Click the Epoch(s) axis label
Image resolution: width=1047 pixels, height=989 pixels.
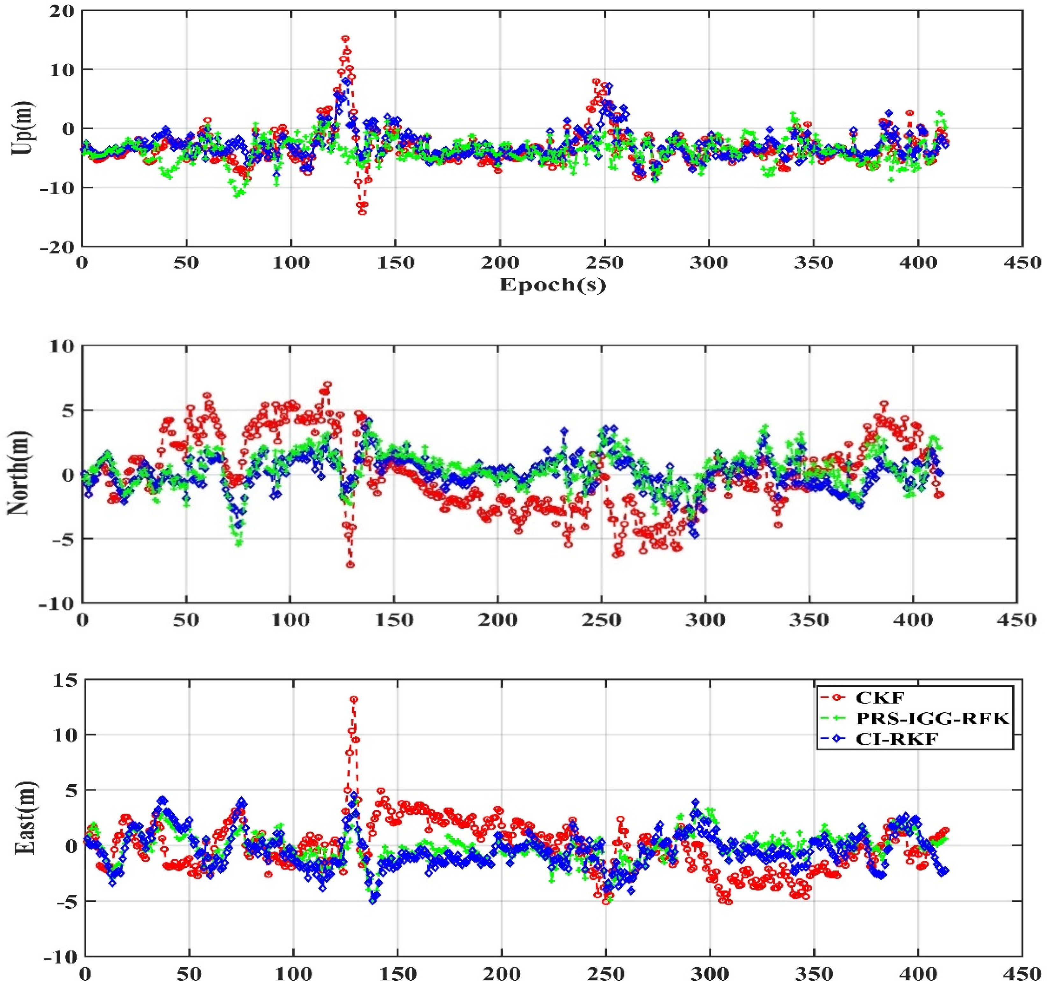[x=553, y=285]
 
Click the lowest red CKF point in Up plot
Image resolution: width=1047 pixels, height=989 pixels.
[x=362, y=212]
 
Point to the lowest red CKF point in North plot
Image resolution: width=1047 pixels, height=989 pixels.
[x=351, y=565]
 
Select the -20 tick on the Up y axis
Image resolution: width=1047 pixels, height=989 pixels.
[x=59, y=247]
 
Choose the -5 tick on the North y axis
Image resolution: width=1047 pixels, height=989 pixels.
[x=64, y=539]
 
